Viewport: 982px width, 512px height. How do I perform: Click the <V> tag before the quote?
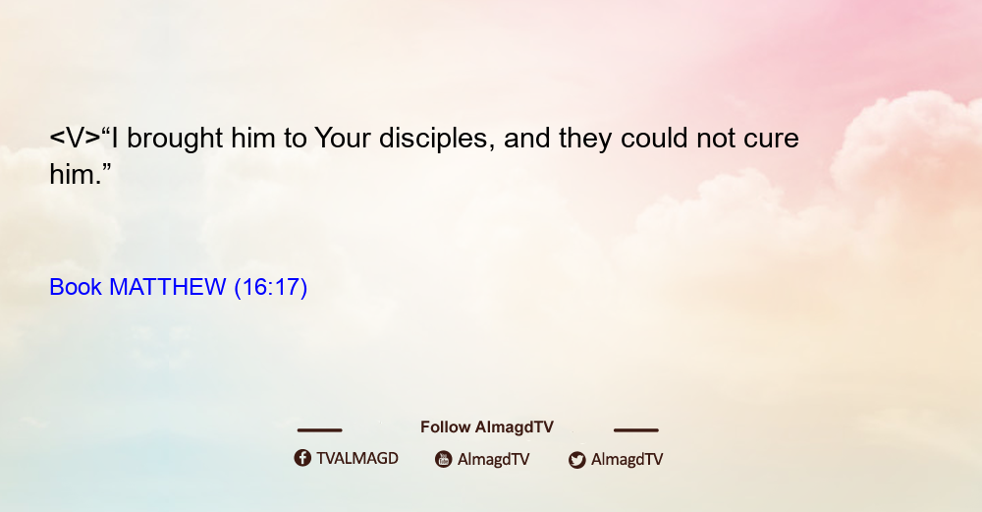coord(75,139)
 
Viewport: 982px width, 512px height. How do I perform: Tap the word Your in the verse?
coord(342,138)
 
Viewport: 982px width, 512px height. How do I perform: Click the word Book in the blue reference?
coord(76,287)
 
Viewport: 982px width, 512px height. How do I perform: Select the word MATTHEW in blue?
coord(167,287)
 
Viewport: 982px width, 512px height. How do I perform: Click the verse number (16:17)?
coord(271,288)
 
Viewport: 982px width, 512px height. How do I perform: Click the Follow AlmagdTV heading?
coord(487,427)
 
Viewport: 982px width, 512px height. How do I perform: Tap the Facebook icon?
coord(302,458)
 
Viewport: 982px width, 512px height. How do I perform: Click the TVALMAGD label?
coord(357,458)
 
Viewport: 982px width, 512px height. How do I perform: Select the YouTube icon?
coord(444,459)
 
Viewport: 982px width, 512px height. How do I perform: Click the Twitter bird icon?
coord(576,460)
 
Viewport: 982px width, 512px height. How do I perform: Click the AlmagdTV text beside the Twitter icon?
coord(627,459)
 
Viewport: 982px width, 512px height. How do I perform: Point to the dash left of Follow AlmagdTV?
coord(319,430)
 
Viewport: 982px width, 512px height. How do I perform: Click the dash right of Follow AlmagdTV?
coord(636,430)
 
